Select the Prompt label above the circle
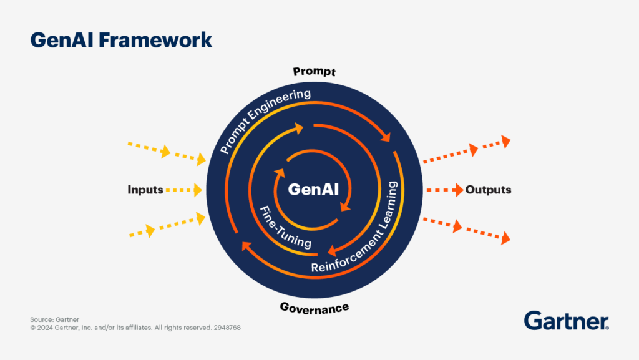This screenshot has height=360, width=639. (315, 72)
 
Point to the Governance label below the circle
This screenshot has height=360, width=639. (314, 308)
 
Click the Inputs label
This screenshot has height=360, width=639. (145, 190)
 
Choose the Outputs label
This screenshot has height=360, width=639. (488, 190)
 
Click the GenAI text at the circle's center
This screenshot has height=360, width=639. (313, 189)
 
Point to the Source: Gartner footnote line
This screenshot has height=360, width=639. (55, 319)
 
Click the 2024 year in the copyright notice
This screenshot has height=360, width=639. (44, 327)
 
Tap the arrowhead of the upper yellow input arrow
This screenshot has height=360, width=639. (201, 160)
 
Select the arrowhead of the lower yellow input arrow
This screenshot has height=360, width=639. (201, 216)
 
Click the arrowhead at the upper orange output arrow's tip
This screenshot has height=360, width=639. (506, 142)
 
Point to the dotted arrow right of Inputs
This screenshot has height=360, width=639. (185, 189)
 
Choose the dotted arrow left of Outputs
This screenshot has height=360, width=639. (444, 189)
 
